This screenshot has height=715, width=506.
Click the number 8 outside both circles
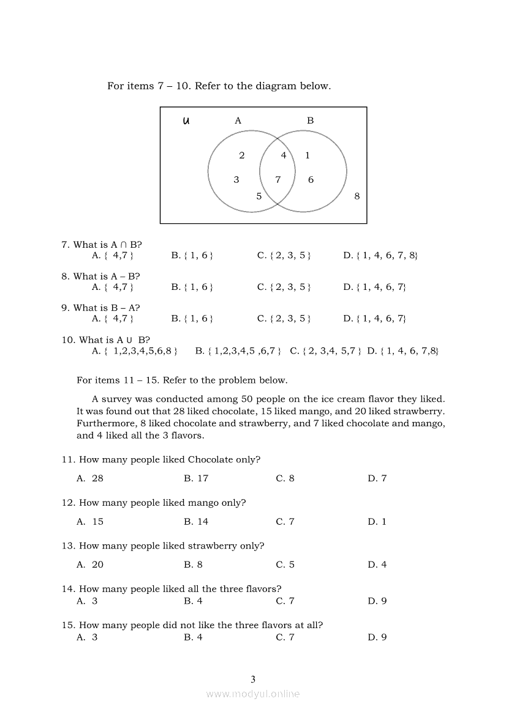[x=357, y=196]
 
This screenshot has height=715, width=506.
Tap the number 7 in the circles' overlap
[x=278, y=180]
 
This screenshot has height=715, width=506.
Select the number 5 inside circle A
[x=259, y=196]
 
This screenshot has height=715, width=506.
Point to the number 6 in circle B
[x=311, y=180]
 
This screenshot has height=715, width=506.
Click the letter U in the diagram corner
[x=186, y=121]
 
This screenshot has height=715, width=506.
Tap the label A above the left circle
[x=238, y=121]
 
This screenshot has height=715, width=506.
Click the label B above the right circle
[x=310, y=121]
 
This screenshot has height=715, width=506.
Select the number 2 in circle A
[x=242, y=155]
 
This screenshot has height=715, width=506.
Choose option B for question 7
[x=192, y=256]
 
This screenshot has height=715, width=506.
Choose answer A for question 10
[x=135, y=351]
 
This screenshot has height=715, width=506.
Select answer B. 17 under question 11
[x=196, y=478]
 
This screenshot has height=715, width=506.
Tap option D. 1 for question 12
[x=377, y=522]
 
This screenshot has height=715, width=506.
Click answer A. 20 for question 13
[x=90, y=565]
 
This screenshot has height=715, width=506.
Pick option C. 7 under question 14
[x=285, y=601]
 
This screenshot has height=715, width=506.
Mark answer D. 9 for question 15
[x=377, y=637]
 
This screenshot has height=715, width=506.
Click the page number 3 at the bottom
[x=253, y=679]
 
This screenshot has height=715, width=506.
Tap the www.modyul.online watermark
[x=253, y=694]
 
